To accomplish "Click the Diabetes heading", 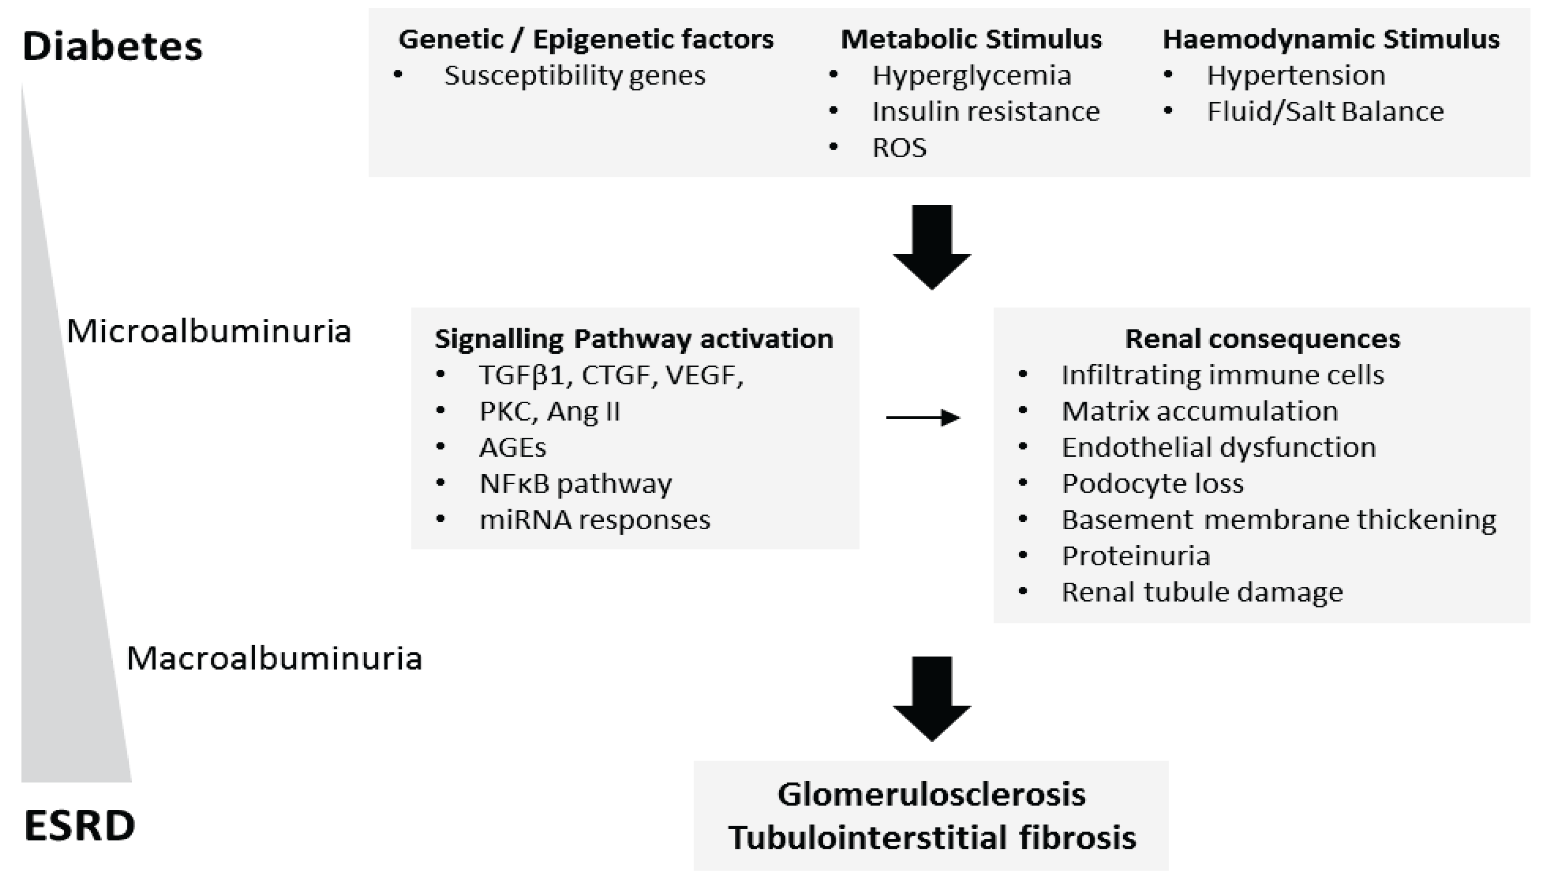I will tap(112, 47).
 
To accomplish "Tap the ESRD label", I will tap(80, 825).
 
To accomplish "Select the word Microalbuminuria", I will tap(209, 331).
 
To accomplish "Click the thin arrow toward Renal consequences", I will tap(923, 418).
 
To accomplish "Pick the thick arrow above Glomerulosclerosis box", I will tap(932, 698).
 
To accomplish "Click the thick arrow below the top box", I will tap(932, 246).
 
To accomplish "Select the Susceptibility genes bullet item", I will tap(574, 75).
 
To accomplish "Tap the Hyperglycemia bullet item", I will tap(972, 75).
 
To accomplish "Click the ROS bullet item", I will tap(899, 148).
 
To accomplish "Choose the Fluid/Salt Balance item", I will tap(1325, 111).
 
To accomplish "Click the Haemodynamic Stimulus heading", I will tap(1331, 39).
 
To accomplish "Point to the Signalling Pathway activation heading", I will tap(634, 339).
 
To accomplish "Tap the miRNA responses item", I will tap(595, 520).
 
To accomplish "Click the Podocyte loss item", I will tap(1153, 483).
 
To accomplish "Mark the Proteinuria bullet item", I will tap(1136, 556).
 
